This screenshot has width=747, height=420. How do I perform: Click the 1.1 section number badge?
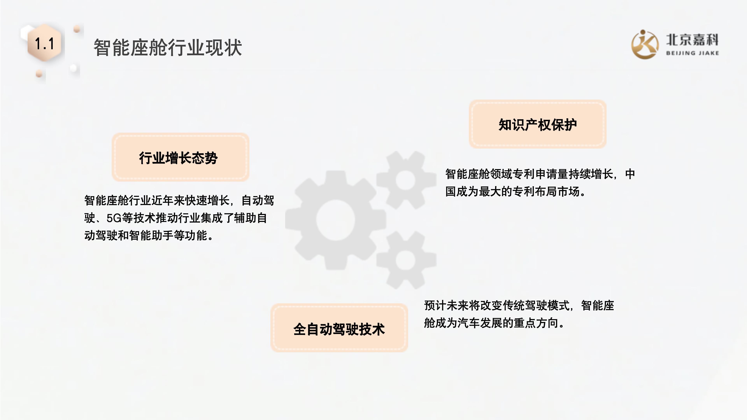[44, 44]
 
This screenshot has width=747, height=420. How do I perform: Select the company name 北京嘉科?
[692, 40]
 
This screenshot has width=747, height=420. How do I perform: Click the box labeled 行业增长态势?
[180, 157]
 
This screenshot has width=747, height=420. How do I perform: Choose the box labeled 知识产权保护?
[537, 124]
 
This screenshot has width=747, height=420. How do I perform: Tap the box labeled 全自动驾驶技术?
[339, 328]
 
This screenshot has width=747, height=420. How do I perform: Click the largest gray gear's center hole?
[336, 220]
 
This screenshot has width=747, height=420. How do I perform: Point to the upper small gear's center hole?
[406, 180]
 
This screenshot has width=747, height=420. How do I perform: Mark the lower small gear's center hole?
[406, 260]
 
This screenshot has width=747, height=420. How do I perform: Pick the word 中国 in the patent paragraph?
[630, 174]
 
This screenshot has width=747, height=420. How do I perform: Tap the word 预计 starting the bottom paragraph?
[435, 305]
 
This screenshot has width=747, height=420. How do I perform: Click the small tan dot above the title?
[77, 29]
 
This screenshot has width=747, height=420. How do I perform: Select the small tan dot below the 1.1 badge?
[39, 74]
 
